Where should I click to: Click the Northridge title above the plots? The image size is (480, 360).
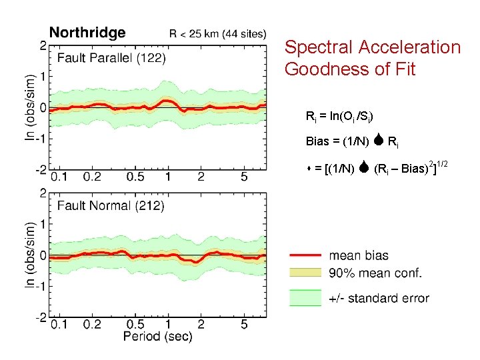87,33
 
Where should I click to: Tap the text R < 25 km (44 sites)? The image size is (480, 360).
218,33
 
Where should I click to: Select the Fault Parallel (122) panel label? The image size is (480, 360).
111,58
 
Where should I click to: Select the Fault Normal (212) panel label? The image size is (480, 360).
111,206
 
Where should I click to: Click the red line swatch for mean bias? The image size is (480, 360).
305,255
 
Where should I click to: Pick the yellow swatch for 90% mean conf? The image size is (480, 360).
305,273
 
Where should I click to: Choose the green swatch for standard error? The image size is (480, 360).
305,297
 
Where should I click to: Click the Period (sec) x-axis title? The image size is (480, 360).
157,337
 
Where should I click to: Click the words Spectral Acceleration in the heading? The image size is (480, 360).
372,47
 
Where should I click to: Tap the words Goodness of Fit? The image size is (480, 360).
350,69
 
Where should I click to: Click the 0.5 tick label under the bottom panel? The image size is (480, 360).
136,324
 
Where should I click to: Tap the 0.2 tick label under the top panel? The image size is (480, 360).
92,176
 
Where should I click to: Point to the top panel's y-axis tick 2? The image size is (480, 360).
43,45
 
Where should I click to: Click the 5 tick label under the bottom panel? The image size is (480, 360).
245,324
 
